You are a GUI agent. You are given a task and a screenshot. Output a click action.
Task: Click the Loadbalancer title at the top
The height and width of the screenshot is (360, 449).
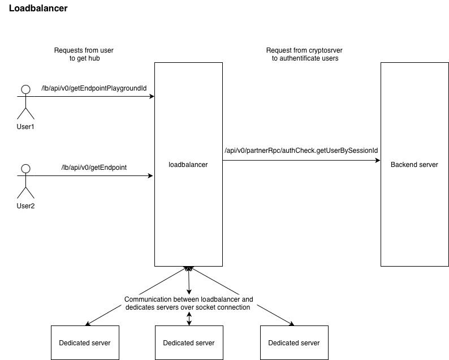pos(38,9)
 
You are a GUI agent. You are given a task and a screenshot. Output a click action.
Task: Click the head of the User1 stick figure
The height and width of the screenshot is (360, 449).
pos(25,89)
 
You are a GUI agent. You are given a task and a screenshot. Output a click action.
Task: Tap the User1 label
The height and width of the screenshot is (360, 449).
pos(25,126)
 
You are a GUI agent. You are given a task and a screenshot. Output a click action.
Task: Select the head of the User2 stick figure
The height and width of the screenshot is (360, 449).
pos(25,169)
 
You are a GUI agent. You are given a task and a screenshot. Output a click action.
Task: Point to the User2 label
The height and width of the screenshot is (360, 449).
pos(25,206)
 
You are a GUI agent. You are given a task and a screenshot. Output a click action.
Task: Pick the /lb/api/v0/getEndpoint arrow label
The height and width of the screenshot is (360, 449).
pos(94,168)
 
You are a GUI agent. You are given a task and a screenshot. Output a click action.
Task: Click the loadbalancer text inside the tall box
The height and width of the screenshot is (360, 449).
pos(188,165)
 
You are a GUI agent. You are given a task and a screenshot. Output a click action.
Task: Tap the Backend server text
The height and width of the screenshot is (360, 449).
pos(414,165)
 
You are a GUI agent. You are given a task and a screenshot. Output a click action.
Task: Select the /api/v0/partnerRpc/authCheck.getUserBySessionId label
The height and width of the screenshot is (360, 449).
pos(301,151)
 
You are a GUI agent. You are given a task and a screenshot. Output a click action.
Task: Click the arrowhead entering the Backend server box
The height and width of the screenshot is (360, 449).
pos(377,161)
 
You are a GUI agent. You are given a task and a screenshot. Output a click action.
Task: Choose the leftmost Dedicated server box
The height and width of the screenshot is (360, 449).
pos(85,342)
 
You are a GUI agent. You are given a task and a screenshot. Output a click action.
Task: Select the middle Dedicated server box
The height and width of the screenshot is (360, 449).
pos(189,342)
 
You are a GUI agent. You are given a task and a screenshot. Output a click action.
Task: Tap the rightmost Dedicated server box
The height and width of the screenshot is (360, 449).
pos(293,342)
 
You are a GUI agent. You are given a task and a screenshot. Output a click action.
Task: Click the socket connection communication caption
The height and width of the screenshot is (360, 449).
pos(189,303)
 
